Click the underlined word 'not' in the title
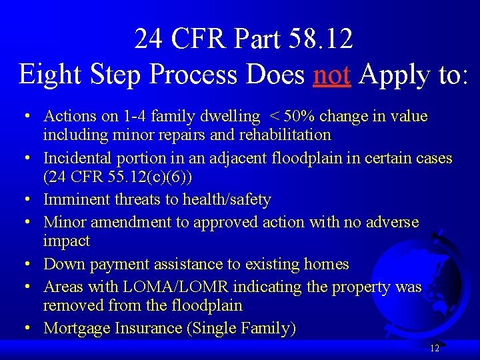(x=331, y=75)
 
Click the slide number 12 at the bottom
(x=435, y=348)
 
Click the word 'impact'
(x=66, y=241)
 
